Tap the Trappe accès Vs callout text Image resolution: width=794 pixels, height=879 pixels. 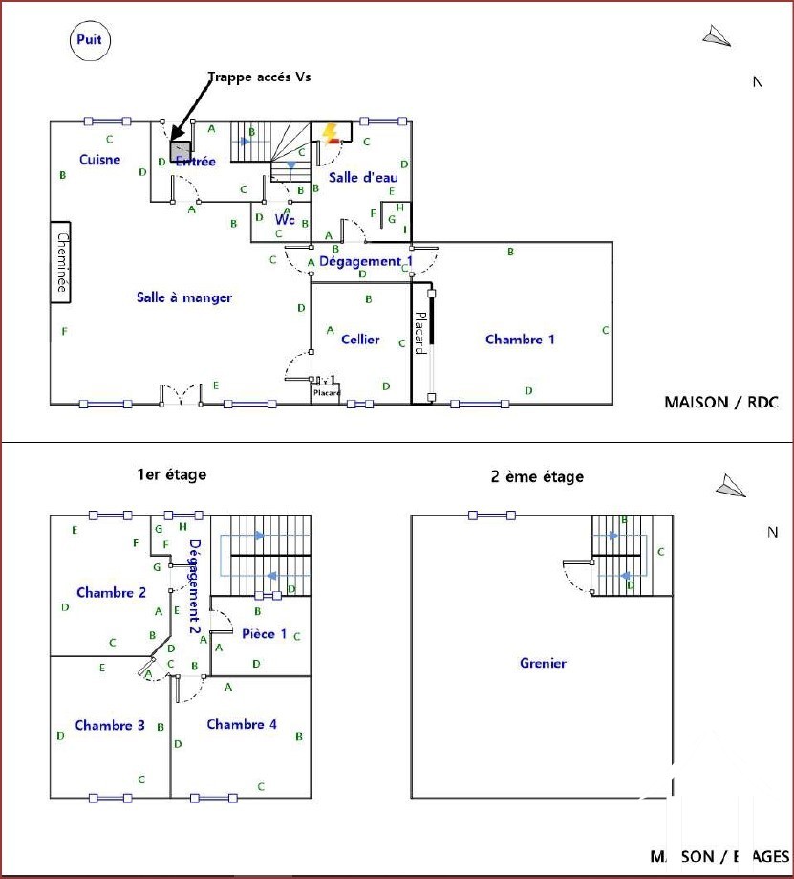(260, 77)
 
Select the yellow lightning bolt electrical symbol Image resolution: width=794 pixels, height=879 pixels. (331, 133)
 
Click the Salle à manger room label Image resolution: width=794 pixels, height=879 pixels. (184, 297)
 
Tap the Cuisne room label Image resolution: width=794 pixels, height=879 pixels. (99, 159)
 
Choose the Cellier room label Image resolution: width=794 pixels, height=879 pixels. (360, 339)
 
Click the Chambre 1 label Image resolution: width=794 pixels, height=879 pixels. (520, 339)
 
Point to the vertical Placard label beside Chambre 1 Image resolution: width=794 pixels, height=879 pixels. (419, 333)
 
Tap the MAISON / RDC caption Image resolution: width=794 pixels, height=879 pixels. (720, 403)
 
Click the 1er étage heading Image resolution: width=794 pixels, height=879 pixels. (171, 474)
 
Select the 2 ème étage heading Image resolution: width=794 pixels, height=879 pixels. (537, 476)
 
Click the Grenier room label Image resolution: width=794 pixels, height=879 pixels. (543, 663)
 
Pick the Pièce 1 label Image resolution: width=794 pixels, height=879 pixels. (264, 633)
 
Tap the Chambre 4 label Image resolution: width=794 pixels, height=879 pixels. (242, 724)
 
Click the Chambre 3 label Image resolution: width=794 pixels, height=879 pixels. (110, 725)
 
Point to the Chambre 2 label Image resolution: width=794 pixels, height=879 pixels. (111, 592)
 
